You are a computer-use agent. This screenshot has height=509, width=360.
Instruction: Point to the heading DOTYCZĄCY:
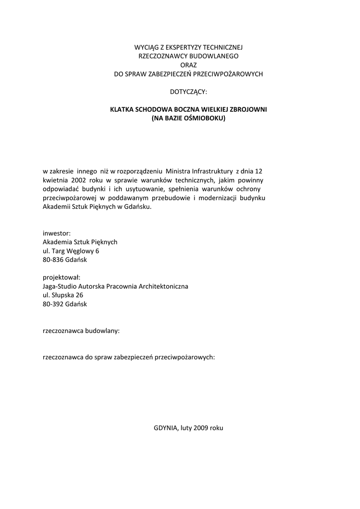coord(188,91)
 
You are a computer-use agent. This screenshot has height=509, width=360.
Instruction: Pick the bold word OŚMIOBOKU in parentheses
coord(204,118)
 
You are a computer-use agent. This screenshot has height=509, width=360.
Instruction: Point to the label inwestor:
coord(57,233)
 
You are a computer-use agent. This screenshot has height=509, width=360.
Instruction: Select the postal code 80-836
coord(54,259)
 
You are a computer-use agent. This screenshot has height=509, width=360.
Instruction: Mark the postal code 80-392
coord(54,304)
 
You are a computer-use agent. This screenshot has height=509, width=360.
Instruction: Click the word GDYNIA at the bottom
coord(165,427)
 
